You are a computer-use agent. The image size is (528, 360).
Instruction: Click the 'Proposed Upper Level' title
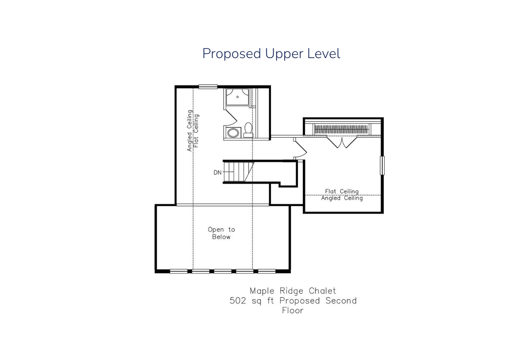click(271, 54)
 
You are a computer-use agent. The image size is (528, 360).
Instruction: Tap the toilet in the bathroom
click(248, 130)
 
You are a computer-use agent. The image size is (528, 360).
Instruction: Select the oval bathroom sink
click(233, 133)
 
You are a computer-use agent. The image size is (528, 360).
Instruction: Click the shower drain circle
click(238, 97)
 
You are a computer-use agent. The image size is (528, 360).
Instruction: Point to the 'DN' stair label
click(217, 173)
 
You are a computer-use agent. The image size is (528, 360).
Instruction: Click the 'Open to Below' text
click(221, 233)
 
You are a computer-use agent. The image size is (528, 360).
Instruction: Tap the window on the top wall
click(208, 87)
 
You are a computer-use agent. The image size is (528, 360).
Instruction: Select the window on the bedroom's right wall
click(382, 165)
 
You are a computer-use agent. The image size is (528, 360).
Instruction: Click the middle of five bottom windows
click(223, 272)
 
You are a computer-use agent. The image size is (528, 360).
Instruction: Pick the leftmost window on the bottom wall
click(179, 272)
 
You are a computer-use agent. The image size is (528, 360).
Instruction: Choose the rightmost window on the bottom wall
click(267, 272)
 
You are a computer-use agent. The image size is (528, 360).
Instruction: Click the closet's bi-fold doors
click(342, 142)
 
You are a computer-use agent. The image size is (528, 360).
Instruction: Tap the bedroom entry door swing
click(300, 148)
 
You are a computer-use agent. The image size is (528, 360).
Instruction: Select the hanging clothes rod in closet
click(341, 129)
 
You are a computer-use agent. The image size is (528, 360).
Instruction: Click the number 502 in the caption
click(238, 301)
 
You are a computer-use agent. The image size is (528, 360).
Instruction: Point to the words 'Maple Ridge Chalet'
click(293, 291)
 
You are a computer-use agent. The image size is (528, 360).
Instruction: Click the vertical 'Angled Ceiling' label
click(190, 131)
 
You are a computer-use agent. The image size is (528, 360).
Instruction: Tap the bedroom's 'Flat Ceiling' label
click(342, 191)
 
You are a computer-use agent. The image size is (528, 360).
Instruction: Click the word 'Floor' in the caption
click(293, 311)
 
